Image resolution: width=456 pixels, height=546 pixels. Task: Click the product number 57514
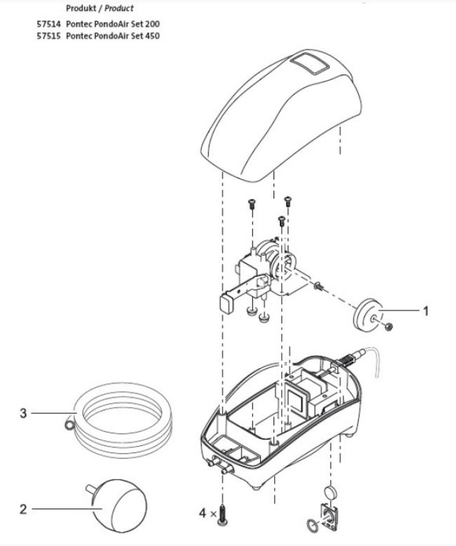click(x=49, y=24)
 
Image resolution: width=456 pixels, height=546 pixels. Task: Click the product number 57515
click(x=49, y=36)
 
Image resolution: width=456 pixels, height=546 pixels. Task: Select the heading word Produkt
click(x=79, y=9)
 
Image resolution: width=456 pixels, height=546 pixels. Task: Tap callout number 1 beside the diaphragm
click(x=425, y=310)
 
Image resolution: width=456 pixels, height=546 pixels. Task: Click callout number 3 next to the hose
click(x=23, y=413)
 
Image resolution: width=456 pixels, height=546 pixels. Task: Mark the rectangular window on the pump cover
click(x=308, y=65)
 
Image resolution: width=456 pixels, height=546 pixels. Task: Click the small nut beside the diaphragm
click(x=388, y=327)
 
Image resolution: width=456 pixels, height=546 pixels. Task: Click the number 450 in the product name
click(x=151, y=36)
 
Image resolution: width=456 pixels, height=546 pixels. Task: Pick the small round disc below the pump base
click(x=331, y=492)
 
